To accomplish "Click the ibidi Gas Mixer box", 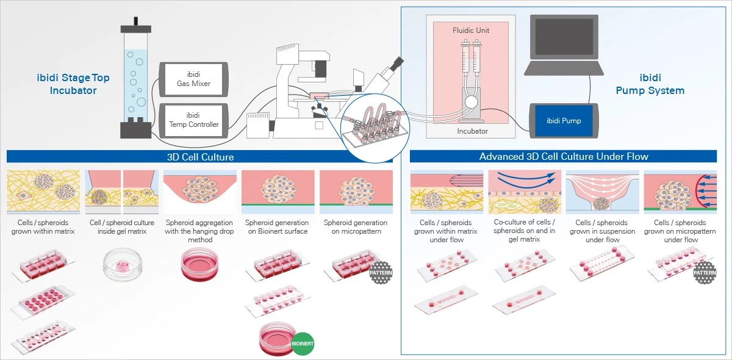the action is tap(193, 79).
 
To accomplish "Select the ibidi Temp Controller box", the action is tap(193, 120).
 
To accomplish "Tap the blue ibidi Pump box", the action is tap(564, 121).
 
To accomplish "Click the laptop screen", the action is tap(564, 37).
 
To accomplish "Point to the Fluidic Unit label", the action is tap(471, 31).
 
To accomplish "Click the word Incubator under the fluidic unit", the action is tap(472, 131).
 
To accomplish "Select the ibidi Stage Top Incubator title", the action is tap(73, 84).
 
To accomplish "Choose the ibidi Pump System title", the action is tap(650, 84).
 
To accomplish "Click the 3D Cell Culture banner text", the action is tap(200, 157).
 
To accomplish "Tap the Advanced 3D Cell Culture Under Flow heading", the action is tap(564, 157).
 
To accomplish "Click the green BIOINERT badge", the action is tap(303, 344).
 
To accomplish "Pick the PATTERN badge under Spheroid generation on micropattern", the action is tap(381, 272).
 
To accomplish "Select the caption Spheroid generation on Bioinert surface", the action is tap(278, 227).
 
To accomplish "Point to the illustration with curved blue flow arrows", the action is tap(525, 192).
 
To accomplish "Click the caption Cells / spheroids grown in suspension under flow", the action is tap(603, 231).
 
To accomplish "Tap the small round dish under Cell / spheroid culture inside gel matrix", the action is tap(123, 266).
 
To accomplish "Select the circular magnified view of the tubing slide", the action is tap(375, 128).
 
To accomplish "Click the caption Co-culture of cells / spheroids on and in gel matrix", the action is tap(524, 231).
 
